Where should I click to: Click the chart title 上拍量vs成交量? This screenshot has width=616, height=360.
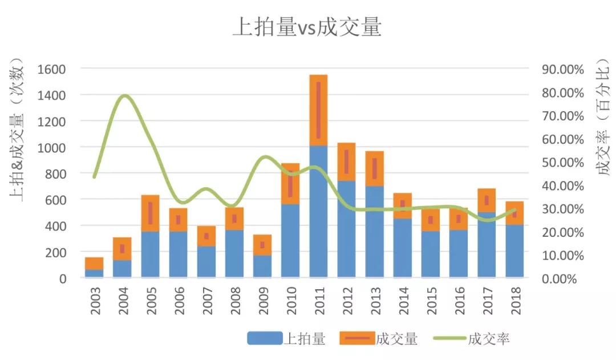pos(307,27)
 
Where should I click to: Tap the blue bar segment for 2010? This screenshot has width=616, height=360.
pos(290,241)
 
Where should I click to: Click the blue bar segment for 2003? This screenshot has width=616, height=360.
pos(94,273)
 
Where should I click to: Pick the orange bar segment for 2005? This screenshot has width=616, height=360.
pos(151,213)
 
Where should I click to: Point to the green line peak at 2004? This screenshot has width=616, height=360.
pos(124,96)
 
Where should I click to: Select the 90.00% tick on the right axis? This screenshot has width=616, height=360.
pos(563,69)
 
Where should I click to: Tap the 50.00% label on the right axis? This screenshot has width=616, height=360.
pos(563,163)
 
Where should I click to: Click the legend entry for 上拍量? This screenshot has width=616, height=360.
pos(286,339)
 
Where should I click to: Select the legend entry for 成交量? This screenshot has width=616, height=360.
pos(379,339)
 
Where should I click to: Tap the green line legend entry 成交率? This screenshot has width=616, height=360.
pos(471,339)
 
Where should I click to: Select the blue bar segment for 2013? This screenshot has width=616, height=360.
pos(375,232)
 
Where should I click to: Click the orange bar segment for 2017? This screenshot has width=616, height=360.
pos(487,200)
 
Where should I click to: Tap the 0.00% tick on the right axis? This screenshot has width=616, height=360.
pos(565,278)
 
